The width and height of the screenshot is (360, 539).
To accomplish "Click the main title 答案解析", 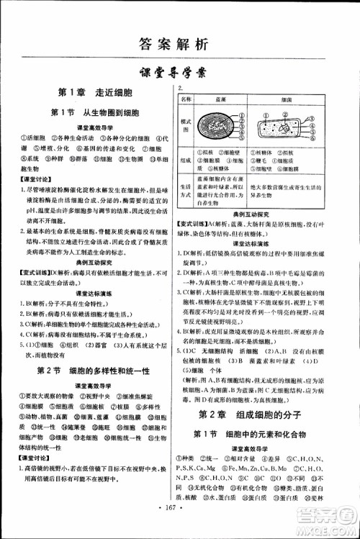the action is tap(179, 44).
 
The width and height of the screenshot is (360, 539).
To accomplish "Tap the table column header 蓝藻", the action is tap(222, 101).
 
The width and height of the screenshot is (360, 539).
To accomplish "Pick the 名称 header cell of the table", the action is tap(186, 100).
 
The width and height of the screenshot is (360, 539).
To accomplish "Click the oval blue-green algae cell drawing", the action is tap(222, 127).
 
